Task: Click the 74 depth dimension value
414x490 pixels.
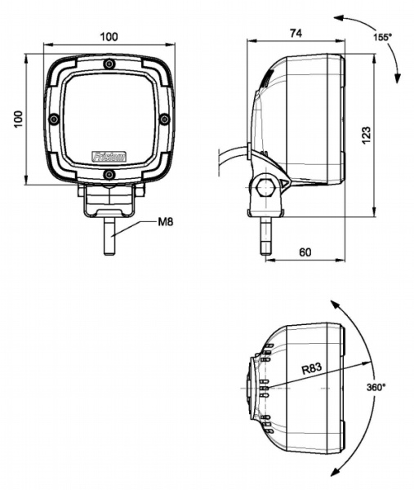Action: tap(296, 33)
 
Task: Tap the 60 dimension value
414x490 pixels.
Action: tap(305, 252)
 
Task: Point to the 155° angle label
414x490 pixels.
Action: tap(382, 38)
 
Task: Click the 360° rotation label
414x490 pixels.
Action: tap(376, 386)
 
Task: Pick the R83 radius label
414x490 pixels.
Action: tap(311, 369)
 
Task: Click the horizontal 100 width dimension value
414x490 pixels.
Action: tap(109, 37)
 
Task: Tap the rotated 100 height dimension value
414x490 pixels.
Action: tap(17, 119)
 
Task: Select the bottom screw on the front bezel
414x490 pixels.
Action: tap(109, 174)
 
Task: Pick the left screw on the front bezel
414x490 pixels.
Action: tap(54, 119)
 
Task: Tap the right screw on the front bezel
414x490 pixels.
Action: tap(165, 119)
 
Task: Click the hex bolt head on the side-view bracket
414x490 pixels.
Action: tap(265, 187)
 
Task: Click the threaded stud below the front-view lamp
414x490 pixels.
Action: tap(109, 236)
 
